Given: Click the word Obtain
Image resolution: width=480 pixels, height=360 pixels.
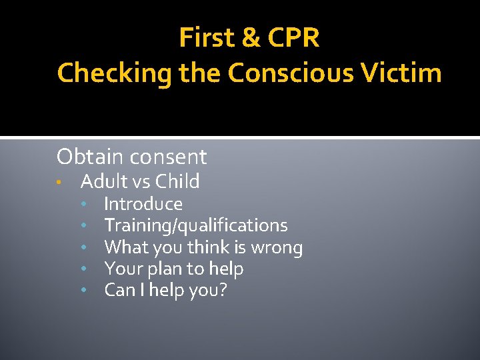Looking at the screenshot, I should [x=89, y=157].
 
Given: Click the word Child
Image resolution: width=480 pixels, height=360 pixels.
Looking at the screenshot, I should [x=177, y=181].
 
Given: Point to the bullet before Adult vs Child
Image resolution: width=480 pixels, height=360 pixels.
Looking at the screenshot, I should [x=60, y=183].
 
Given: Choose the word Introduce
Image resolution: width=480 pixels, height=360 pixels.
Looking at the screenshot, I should [x=143, y=204].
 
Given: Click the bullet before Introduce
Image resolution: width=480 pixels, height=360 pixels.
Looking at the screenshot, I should [x=84, y=205].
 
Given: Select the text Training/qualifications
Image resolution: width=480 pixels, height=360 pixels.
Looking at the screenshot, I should [x=196, y=226].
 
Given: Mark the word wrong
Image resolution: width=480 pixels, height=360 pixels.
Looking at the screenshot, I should [x=276, y=248].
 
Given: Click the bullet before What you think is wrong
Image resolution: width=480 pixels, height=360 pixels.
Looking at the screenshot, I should [x=84, y=248].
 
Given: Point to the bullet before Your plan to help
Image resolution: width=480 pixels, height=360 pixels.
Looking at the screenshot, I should [x=84, y=269].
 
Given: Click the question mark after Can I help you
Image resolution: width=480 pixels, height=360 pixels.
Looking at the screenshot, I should [x=223, y=291].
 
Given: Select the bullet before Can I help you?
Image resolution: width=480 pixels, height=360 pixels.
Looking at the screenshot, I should [x=84, y=291].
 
